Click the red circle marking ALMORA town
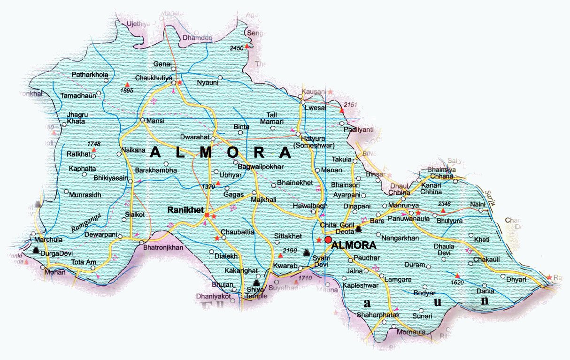click(328, 240)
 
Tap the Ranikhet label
click(185, 210)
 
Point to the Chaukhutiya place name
click(154, 77)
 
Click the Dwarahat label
click(194, 138)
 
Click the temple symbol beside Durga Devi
click(36, 251)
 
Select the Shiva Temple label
click(256, 293)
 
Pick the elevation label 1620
click(456, 283)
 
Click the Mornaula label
click(411, 332)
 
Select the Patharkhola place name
click(90, 75)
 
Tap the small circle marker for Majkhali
click(254, 193)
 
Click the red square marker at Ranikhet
click(207, 215)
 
